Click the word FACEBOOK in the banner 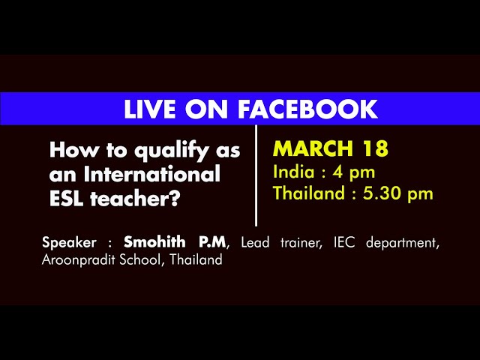tap(307, 109)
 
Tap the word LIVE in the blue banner tap(150, 109)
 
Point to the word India tap(294, 172)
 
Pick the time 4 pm tap(353, 173)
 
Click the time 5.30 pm tap(398, 194)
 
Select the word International tap(151, 173)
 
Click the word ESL tap(67, 198)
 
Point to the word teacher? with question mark tap(134, 199)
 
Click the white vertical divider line tap(256, 175)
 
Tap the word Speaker tap(69, 243)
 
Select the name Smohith tap(154, 241)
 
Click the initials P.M tap(211, 242)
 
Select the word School tap(140, 259)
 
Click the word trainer tap(301, 243)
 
